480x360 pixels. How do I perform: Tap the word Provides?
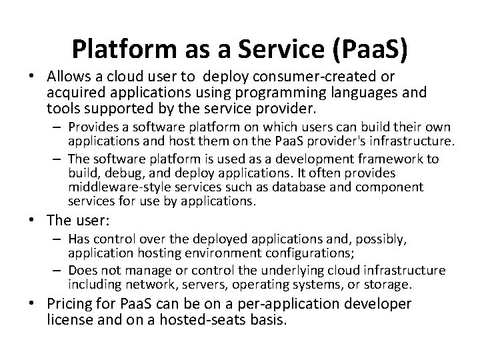[x=91, y=127]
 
